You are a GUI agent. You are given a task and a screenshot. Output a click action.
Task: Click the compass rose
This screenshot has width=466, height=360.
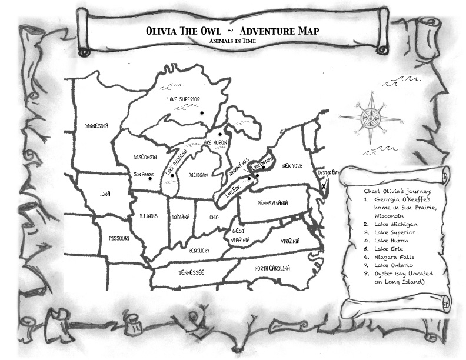point(370,118)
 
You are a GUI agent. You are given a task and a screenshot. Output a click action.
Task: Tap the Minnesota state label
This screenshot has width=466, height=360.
point(96,126)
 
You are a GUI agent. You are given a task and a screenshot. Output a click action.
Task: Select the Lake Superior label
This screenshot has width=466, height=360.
point(184,99)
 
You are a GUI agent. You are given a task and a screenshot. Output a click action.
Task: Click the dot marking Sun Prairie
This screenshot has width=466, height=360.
point(151,179)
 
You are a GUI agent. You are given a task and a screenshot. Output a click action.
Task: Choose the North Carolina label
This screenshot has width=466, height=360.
point(272,268)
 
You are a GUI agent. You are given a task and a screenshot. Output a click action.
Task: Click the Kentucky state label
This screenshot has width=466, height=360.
point(199,251)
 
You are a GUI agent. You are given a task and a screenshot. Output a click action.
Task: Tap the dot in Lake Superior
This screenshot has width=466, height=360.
point(201,112)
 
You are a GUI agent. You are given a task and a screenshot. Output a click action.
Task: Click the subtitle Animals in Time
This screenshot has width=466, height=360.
point(232,42)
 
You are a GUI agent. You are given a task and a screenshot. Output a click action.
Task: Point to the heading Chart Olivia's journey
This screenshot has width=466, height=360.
point(398,191)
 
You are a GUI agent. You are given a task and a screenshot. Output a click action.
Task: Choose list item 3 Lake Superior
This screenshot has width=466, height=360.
point(395,232)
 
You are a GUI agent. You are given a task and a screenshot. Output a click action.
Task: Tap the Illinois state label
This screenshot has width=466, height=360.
point(148,216)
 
